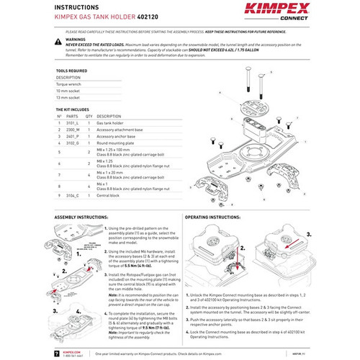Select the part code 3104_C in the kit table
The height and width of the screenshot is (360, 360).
73,195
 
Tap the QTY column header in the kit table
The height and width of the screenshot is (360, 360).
89,116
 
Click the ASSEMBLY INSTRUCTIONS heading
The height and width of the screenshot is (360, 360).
85,216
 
